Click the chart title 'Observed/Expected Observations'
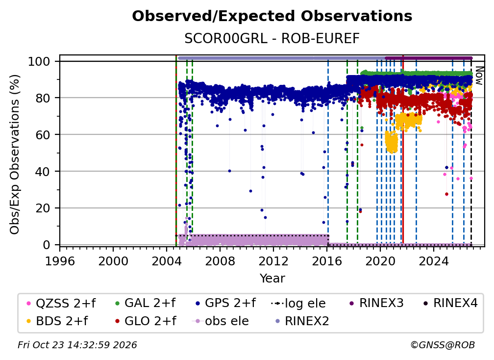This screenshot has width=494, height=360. (272, 16)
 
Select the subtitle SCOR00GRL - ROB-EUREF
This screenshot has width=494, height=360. (272, 39)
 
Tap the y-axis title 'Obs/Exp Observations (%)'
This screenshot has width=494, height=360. (15, 154)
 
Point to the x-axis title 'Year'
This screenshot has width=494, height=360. (272, 279)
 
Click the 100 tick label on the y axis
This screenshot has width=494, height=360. (39, 61)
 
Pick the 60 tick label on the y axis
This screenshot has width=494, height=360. (43, 135)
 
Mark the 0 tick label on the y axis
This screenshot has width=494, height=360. (47, 245)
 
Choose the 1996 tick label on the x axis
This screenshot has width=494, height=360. (60, 261)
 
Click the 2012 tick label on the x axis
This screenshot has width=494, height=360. (273, 261)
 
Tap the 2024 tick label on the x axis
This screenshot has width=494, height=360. (434, 261)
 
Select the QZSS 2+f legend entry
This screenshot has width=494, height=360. (61, 303)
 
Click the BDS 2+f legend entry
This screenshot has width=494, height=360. (57, 321)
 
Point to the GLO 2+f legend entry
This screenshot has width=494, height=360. (146, 321)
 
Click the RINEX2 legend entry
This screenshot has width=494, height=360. (302, 321)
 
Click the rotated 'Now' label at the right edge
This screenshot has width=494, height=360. (479, 76)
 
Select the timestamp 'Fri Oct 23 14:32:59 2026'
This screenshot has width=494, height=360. (77, 345)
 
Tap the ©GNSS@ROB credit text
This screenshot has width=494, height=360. (443, 345)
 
